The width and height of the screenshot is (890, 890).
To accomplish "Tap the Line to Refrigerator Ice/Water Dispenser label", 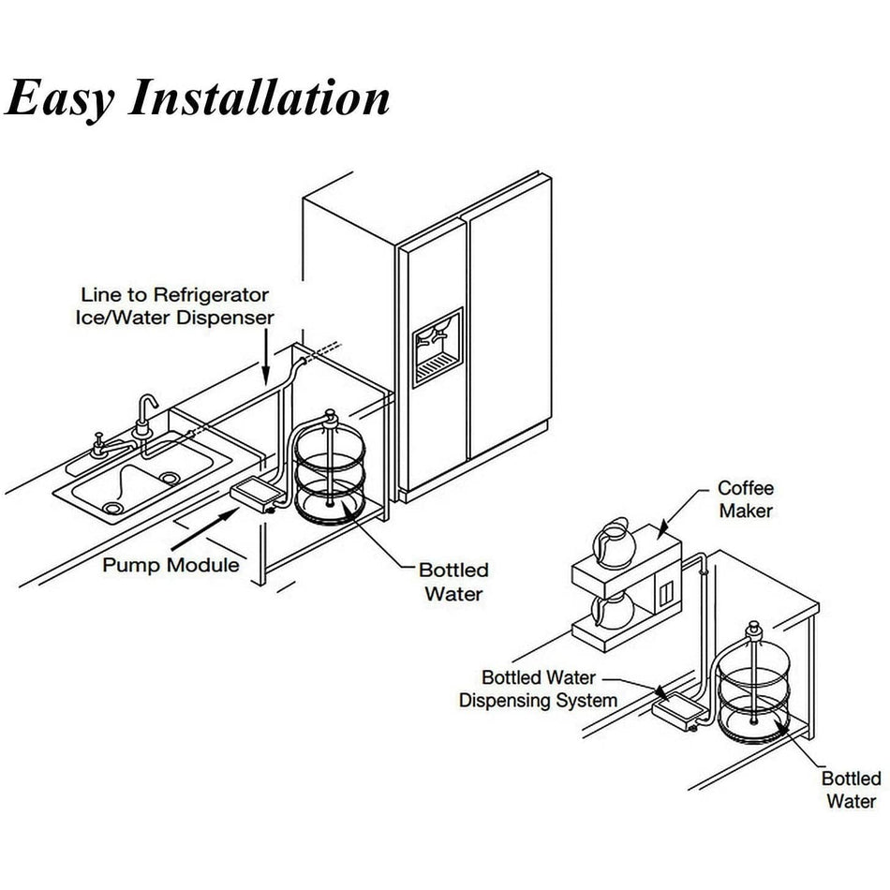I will click(x=175, y=306).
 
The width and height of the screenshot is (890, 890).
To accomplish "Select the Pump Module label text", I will click(x=171, y=565).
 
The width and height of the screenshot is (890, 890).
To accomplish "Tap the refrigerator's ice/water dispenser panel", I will click(x=437, y=346).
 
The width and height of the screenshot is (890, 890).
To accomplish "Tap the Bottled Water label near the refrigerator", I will click(x=453, y=581).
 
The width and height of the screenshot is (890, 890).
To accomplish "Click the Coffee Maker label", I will click(x=746, y=498).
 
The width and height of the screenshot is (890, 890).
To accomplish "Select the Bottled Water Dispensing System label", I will click(x=538, y=689).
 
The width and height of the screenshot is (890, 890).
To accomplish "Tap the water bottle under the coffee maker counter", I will click(x=753, y=684).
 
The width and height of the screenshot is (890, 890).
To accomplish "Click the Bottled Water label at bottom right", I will click(x=851, y=790).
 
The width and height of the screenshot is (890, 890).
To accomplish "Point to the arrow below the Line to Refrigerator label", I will click(x=267, y=356).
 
